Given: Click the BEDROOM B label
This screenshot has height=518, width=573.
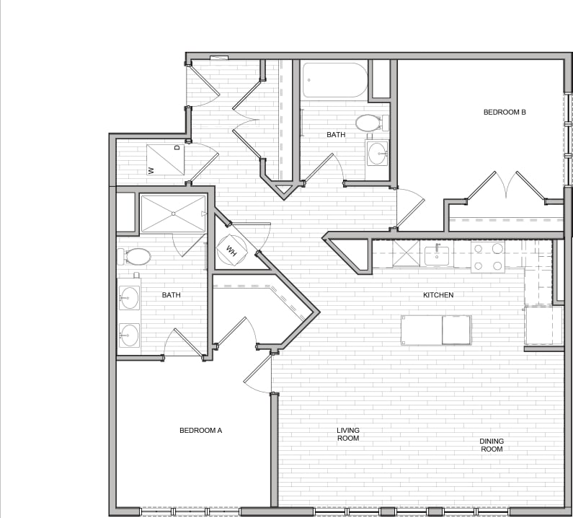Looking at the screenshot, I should pos(505,112).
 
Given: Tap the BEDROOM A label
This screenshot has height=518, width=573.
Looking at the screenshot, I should pos(200,431).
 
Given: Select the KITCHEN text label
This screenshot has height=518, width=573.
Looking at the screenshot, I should pos(438,295).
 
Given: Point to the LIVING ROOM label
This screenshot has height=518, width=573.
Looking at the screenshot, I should pos(347,434).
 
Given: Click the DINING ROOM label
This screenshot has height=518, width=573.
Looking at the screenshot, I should pos(492,445).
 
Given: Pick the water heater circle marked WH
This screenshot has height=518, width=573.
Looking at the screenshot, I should pos(232,250).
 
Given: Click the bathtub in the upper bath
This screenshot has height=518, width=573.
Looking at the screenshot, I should pos(334,80).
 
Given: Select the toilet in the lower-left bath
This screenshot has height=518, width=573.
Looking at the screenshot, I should pos(137,256).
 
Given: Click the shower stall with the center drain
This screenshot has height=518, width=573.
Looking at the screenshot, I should pos(173,214).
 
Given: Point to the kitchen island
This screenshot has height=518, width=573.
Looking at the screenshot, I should pos(436,330).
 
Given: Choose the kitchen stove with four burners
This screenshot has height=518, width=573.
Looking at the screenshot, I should pos(488,257).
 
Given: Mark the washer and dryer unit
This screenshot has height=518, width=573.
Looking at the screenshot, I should pos(165,159).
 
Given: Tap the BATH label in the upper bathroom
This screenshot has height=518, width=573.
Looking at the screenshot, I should pos(336,135).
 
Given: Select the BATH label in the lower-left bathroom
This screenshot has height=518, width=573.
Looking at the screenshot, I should pos(172,295).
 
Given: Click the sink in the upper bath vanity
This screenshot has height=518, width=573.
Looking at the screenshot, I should pos(378,153).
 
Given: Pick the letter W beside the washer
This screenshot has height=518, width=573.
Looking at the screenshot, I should pos(151,170).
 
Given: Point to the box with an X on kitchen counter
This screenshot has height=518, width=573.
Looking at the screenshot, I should pos(406,254).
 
